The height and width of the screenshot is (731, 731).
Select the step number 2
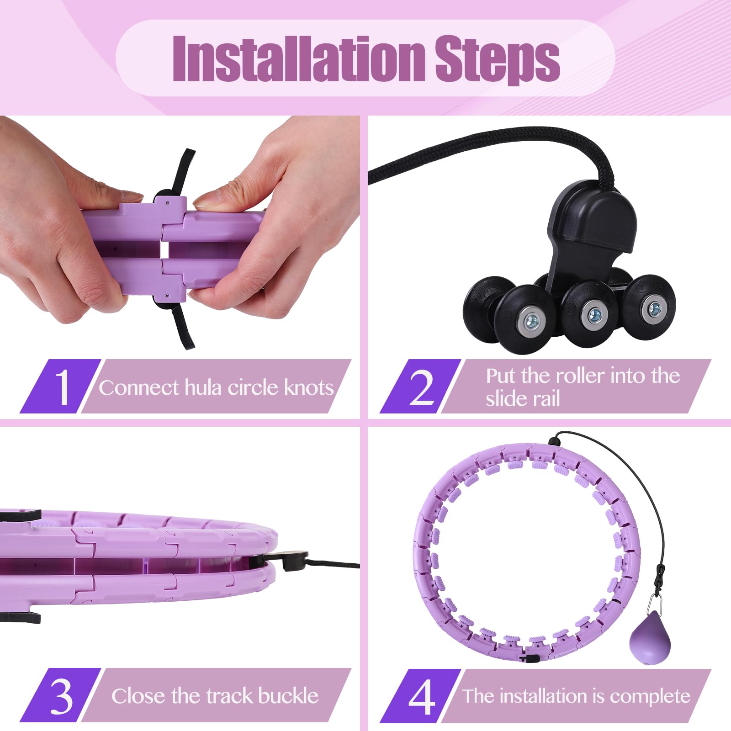(x=422, y=387)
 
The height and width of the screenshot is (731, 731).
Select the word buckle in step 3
(x=288, y=696)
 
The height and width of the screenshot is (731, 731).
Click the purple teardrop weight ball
(x=650, y=637)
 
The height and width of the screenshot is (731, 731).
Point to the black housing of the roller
(x=593, y=228)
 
